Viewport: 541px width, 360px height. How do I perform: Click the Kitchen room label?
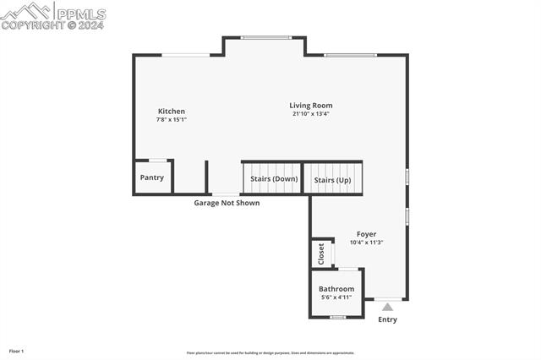[x=172, y=112]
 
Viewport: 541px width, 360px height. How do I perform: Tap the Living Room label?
[x=311, y=106]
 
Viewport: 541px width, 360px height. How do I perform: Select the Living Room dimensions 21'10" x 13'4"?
[x=311, y=114]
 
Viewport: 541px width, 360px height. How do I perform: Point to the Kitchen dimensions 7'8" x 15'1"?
[x=172, y=120]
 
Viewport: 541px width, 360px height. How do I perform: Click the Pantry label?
[x=152, y=177]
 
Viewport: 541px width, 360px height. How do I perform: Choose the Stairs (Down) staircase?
[x=274, y=179]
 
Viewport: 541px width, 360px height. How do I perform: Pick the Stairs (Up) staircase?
[x=332, y=180]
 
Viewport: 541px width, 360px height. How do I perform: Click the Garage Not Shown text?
[x=227, y=203]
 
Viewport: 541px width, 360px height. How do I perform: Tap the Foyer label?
[x=366, y=234]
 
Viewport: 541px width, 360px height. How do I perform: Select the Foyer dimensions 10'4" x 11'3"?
[x=366, y=243]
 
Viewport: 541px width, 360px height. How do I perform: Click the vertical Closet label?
[x=321, y=253]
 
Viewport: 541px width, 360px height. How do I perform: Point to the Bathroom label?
[x=336, y=289]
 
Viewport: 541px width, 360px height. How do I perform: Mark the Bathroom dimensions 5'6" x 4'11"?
[x=336, y=297]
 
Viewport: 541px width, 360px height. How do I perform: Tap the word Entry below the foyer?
[x=387, y=319]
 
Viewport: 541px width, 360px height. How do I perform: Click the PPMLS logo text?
[x=80, y=14]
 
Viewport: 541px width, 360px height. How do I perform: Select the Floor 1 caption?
[x=16, y=351]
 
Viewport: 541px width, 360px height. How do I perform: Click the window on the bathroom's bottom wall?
[x=337, y=317]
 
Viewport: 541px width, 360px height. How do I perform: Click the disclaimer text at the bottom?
[x=270, y=353]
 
